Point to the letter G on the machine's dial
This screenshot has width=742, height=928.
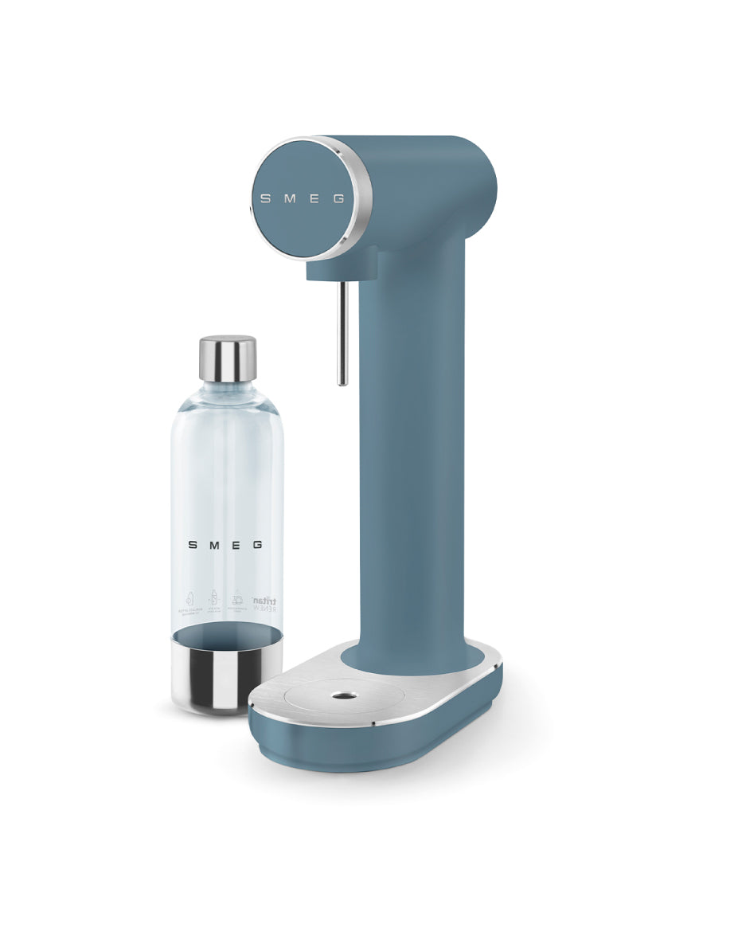click(338, 198)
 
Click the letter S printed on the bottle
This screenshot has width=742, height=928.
click(192, 546)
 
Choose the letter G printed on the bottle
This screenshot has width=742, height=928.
click(257, 546)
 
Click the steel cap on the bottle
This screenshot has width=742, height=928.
click(227, 358)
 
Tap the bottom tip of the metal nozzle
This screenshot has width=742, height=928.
click(342, 382)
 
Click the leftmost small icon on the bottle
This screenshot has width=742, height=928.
click(189, 599)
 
